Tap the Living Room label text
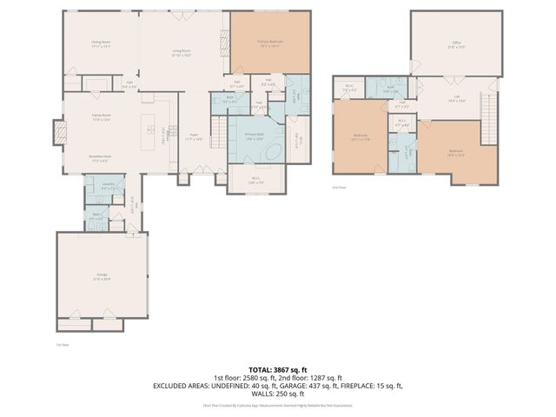(x=181, y=52)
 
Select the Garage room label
(x=102, y=275)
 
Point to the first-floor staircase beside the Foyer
(x=167, y=139)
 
